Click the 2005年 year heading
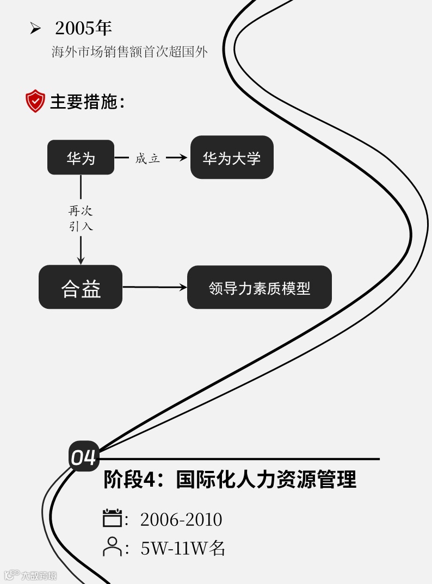pos(83,28)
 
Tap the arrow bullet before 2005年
pos(35,28)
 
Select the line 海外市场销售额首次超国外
pos(129,53)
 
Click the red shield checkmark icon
pos(35,101)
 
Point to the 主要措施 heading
pos(88,102)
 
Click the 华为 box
pos(81,158)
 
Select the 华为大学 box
pos(232,158)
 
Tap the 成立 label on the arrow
pos(147,158)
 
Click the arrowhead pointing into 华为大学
pos(183,158)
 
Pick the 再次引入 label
pos(81,219)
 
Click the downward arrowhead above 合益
pos(81,260)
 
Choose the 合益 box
pos(81,288)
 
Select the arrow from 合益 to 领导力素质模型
pos(155,287)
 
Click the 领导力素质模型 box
pos(260,288)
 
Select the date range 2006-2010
pos(181,520)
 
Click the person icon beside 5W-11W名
pos(113,546)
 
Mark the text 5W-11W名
pos(183,548)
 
